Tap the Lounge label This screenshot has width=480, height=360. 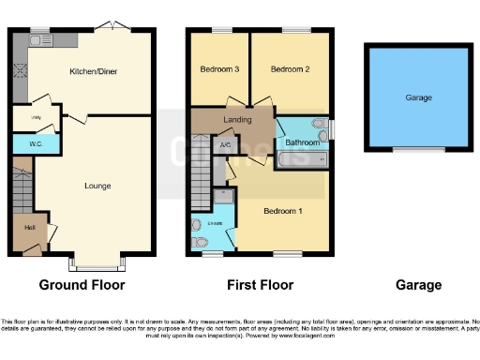(97, 186)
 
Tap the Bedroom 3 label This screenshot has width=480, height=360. (214, 69)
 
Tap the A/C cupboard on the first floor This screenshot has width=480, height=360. (225, 146)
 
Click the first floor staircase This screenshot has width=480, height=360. (200, 174)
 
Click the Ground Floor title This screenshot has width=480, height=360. (82, 285)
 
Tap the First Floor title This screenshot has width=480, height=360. (260, 285)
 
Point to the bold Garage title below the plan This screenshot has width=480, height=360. (417, 285)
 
